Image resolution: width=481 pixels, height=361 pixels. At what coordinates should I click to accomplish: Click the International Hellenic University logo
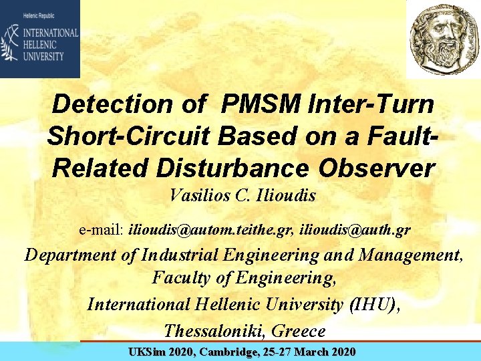click(x=40, y=39)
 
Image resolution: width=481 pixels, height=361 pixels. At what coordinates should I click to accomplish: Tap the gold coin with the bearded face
click(x=444, y=38)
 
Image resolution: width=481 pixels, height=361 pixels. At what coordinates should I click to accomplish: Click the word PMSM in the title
click(x=259, y=104)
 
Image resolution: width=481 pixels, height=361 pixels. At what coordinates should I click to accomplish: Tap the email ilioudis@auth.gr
click(x=355, y=230)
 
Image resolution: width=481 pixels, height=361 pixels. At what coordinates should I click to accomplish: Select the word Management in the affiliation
click(x=409, y=255)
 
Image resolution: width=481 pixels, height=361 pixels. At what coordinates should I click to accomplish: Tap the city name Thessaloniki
click(x=208, y=330)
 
